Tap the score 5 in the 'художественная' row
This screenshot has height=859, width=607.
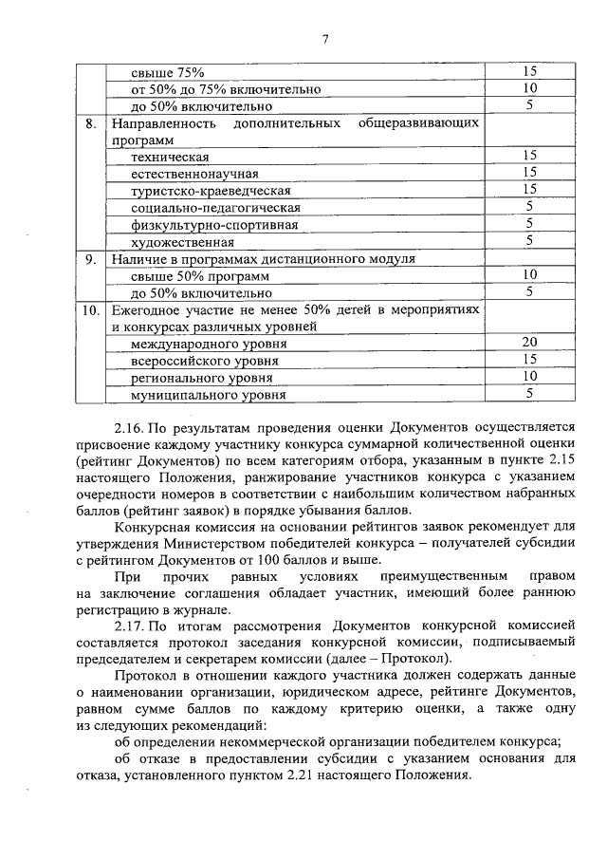coord(529,241)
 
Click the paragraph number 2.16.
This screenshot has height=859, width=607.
coord(131,429)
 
